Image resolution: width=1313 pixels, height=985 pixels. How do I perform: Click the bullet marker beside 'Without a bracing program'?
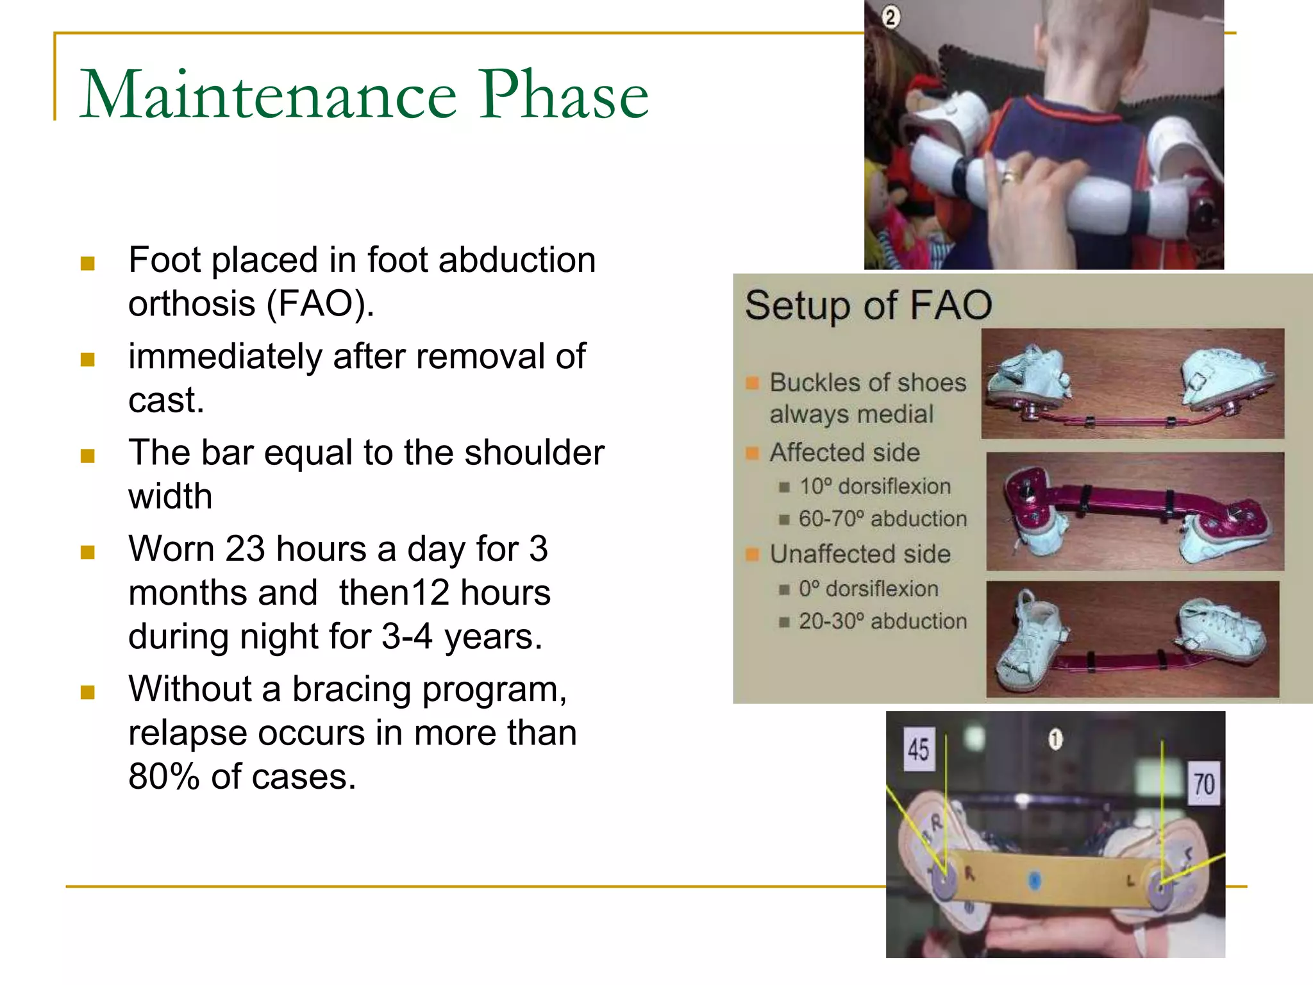pyautogui.click(x=88, y=692)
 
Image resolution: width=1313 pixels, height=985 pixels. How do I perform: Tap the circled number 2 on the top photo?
pyautogui.click(x=890, y=17)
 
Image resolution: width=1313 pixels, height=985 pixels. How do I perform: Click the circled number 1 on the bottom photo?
pyautogui.click(x=1055, y=739)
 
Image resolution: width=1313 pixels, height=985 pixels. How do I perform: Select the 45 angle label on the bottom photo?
pyautogui.click(x=918, y=749)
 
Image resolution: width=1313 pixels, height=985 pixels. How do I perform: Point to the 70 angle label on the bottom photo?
pyautogui.click(x=1203, y=784)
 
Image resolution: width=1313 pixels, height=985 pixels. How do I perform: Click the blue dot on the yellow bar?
pyautogui.click(x=1033, y=880)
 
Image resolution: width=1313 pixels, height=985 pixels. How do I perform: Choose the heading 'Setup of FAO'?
pyautogui.click(x=869, y=305)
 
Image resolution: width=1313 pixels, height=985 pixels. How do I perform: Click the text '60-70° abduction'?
pyautogui.click(x=882, y=518)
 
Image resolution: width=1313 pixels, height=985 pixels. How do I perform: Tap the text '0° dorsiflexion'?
pyautogui.click(x=868, y=589)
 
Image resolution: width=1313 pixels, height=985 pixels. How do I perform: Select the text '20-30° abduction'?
pyautogui.click(x=882, y=621)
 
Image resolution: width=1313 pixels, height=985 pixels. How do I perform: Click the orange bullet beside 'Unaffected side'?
pyautogui.click(x=752, y=554)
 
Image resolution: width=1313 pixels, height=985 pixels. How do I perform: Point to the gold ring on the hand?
pyautogui.click(x=1008, y=176)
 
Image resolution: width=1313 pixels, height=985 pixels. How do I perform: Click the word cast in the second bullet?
pyautogui.click(x=165, y=400)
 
